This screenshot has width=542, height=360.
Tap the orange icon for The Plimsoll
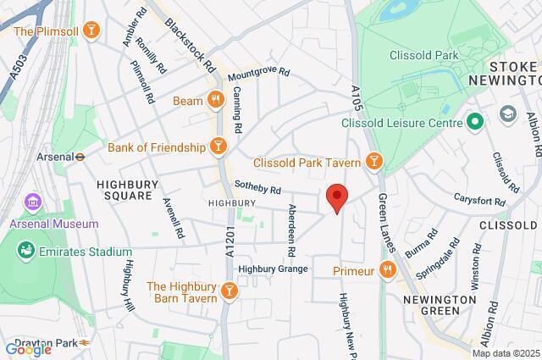coord(92,32)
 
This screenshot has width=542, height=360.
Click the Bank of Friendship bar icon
coord(218,147)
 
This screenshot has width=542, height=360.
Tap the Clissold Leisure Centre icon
coord(474,122)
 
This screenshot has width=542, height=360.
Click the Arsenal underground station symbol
coord(79,156)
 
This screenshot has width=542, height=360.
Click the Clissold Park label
coord(423,56)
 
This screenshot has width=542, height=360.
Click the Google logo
coord(27,349)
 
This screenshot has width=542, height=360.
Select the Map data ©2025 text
coord(505,353)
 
